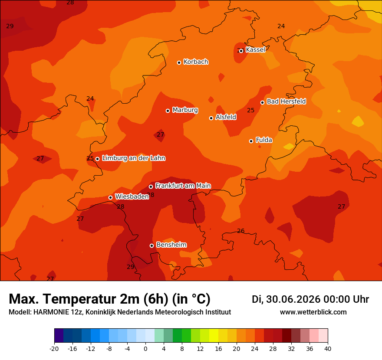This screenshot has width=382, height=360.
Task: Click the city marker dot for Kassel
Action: pos(241,51)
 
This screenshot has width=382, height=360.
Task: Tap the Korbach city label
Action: pos(196,62)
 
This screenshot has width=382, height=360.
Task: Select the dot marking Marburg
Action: pos(168,111)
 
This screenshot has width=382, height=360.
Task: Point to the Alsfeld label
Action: pos(226,117)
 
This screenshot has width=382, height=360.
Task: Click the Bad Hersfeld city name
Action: pos(286,101)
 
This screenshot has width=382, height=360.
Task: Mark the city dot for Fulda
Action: pos(251,141)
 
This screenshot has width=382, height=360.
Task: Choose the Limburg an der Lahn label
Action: pos(134,158)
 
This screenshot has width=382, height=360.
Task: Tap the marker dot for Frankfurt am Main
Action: pos(151,187)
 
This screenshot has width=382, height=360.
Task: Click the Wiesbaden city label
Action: pos(132,196)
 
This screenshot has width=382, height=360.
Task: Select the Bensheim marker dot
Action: pos(151,245)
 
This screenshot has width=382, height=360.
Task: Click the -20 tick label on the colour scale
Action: pos(54,349)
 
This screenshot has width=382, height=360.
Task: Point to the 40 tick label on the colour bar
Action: pos(328,349)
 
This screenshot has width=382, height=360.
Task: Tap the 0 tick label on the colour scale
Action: pos(145,349)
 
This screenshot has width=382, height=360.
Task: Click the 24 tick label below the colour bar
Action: pos(254,349)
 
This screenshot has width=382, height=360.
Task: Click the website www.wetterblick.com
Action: pos(313,312)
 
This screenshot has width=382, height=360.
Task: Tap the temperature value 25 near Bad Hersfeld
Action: pos(251,110)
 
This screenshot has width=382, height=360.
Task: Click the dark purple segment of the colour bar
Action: pos(59,335)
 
